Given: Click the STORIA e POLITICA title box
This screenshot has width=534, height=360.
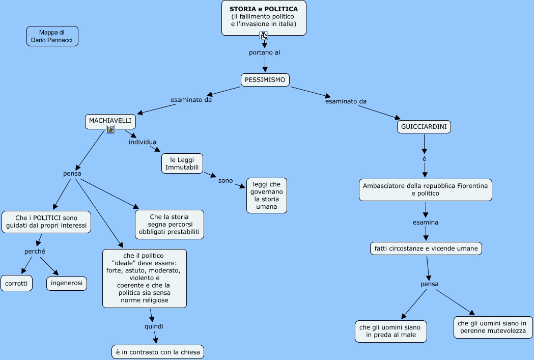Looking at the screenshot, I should tap(264, 17).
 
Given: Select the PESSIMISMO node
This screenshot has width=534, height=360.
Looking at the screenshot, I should tap(265, 80).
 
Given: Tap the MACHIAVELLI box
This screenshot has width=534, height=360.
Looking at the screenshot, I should tap(110, 121).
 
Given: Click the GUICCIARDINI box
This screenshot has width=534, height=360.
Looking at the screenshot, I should tap(424, 127).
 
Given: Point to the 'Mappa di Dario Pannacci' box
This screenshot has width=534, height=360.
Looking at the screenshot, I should tap(52, 36).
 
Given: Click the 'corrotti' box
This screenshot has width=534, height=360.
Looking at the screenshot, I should tap(16, 283).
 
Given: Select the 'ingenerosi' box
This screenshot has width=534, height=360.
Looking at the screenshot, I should tap(67, 283).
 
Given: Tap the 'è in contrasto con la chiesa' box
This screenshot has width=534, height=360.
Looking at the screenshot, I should tap(158, 351).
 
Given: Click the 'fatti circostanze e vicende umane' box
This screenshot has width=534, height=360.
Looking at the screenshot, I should tap(426, 248).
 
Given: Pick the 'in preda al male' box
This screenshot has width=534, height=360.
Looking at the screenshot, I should tap(390, 331).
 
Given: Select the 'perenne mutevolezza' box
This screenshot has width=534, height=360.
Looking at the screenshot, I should tap(493, 327).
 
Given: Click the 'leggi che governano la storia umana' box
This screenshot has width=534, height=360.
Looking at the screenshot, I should tap(266, 195).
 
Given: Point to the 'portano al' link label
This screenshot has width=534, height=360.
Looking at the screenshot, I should tap(264, 52).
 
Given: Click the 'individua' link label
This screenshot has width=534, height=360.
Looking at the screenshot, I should tap(143, 142).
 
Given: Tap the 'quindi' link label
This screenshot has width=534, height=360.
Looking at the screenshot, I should tap(154, 326).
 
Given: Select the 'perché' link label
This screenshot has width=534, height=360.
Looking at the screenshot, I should tap(35, 252).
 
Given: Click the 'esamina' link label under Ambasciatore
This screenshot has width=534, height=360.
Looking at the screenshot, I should tap(425, 223).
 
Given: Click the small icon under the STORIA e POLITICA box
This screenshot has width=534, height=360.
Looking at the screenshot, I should tap(263, 35).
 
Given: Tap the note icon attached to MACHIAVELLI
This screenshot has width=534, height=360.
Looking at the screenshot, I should tap(110, 129).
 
